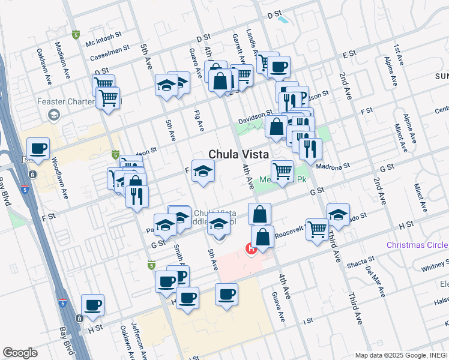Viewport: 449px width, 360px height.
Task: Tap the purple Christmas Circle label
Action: coord(417,245)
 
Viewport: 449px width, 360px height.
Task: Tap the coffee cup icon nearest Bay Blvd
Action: coord(92,305)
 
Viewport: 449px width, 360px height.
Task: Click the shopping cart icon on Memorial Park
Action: coord(282,171)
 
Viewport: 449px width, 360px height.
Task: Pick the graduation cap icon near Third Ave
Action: coord(338,215)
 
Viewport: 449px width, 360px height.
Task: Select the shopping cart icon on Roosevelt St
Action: coord(317,229)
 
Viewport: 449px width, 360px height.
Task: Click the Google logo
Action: coord(20,352)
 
